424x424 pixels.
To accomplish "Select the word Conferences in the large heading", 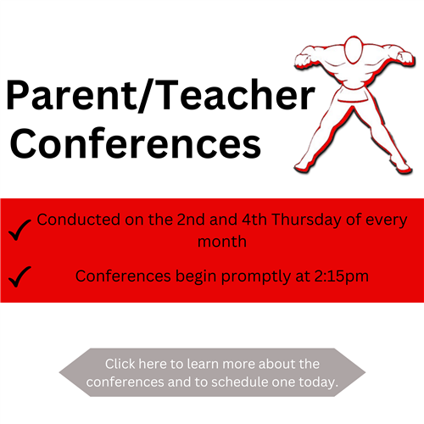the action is [x=136, y=142].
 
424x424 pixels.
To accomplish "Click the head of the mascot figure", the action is [x=354, y=50].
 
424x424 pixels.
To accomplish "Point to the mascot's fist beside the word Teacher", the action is [x=303, y=59].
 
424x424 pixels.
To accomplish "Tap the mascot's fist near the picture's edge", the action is [x=406, y=58].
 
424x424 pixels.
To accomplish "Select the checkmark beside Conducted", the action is [x=20, y=230].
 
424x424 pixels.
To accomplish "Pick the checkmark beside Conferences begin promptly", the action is [x=20, y=276].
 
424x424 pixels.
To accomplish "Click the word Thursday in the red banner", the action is [x=306, y=220].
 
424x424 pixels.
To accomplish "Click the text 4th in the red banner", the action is [x=254, y=220].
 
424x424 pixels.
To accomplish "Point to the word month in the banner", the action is [x=222, y=242].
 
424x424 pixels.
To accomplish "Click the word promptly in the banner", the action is [x=256, y=276].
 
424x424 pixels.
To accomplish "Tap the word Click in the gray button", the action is [x=120, y=364].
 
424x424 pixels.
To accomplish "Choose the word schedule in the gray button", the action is [x=240, y=382].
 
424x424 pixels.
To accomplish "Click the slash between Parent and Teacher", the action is [x=145, y=96].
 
